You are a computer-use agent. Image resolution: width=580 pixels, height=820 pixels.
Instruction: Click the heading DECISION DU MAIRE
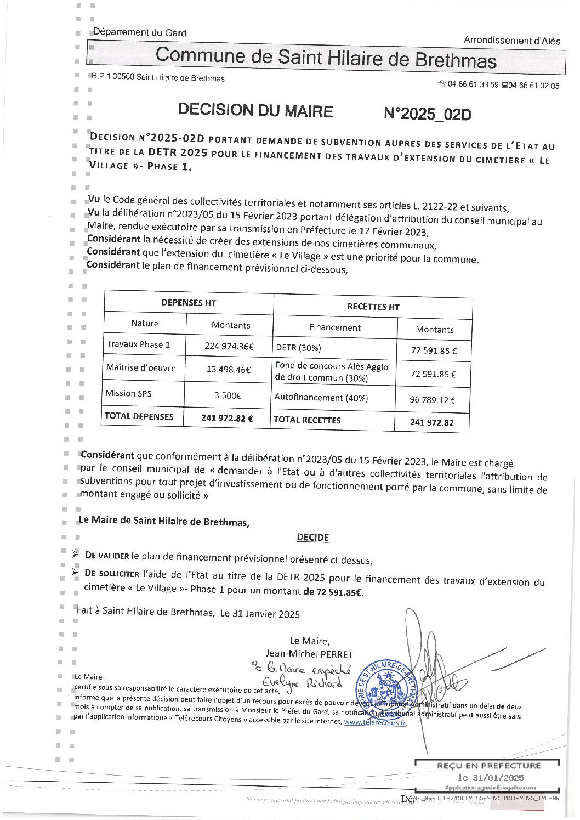[x=255, y=110]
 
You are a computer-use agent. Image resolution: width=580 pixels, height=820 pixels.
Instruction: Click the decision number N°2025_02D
[x=428, y=114]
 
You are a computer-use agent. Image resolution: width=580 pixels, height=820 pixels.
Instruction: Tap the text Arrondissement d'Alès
[x=512, y=41]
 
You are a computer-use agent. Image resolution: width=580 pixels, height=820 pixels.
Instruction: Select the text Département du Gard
[x=140, y=33]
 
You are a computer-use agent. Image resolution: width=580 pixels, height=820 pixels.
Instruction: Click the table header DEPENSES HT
[x=189, y=303]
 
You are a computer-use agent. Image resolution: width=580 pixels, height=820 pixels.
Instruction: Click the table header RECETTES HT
[x=373, y=307]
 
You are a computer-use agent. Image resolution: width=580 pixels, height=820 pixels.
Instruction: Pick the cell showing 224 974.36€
[x=230, y=347]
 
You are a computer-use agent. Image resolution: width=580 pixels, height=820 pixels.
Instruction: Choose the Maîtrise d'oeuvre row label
[x=141, y=368]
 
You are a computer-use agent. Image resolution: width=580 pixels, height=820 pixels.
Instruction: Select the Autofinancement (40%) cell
[x=321, y=398]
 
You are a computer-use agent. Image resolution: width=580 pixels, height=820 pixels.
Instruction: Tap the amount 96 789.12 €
[x=433, y=400]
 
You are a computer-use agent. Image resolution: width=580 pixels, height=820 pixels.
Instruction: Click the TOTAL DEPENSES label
[x=139, y=416]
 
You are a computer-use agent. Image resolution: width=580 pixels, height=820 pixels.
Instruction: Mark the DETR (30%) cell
[x=299, y=348]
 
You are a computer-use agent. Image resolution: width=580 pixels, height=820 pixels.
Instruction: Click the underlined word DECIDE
[x=312, y=538]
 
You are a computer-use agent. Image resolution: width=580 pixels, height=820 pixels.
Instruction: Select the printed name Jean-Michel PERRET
[x=309, y=654]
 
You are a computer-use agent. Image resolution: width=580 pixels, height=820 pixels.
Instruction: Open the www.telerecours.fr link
[x=375, y=723]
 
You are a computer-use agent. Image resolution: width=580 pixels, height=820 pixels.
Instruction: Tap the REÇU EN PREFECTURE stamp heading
[x=488, y=766]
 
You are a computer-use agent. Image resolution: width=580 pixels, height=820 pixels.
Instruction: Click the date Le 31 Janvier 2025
[x=260, y=614]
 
